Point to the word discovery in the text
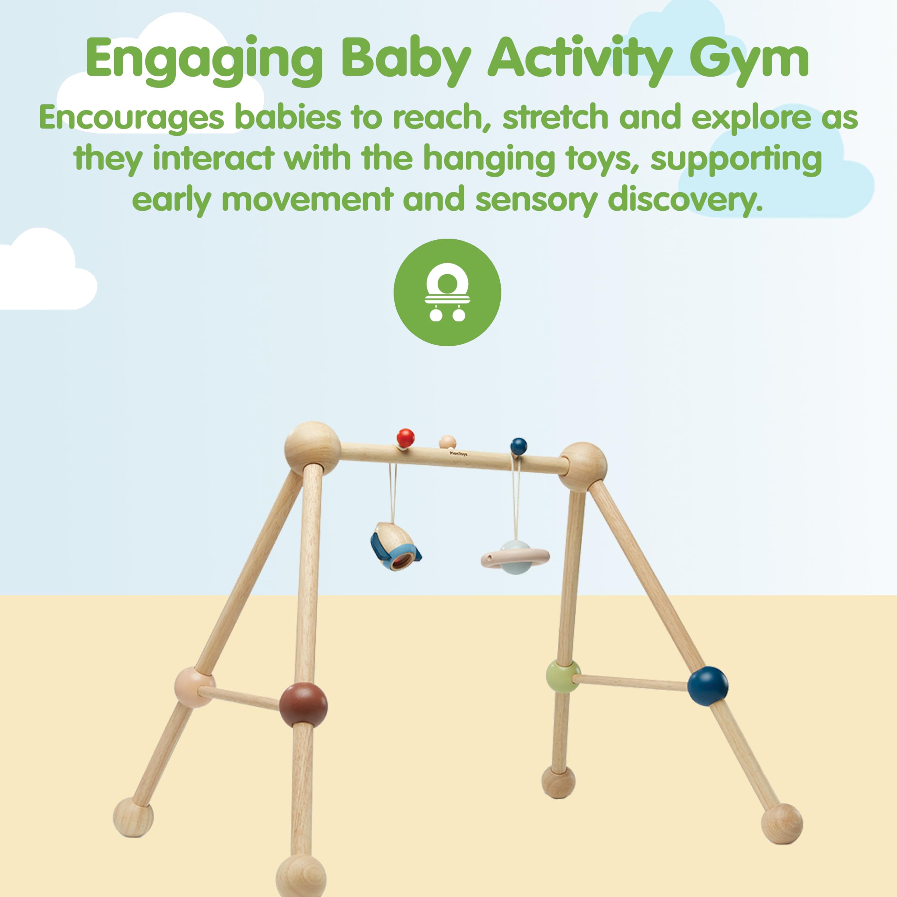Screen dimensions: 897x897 pos(685,200)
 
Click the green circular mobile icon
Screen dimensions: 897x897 pos(447,293)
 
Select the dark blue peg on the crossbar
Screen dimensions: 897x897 pos(519,446)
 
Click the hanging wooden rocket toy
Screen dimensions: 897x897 pos(395,545)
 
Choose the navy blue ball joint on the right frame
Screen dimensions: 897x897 pos(707,686)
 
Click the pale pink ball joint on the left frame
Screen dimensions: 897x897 pos(194,687)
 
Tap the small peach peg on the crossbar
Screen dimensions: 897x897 pos(447,441)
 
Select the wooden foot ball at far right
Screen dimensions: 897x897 pos(782,824)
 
